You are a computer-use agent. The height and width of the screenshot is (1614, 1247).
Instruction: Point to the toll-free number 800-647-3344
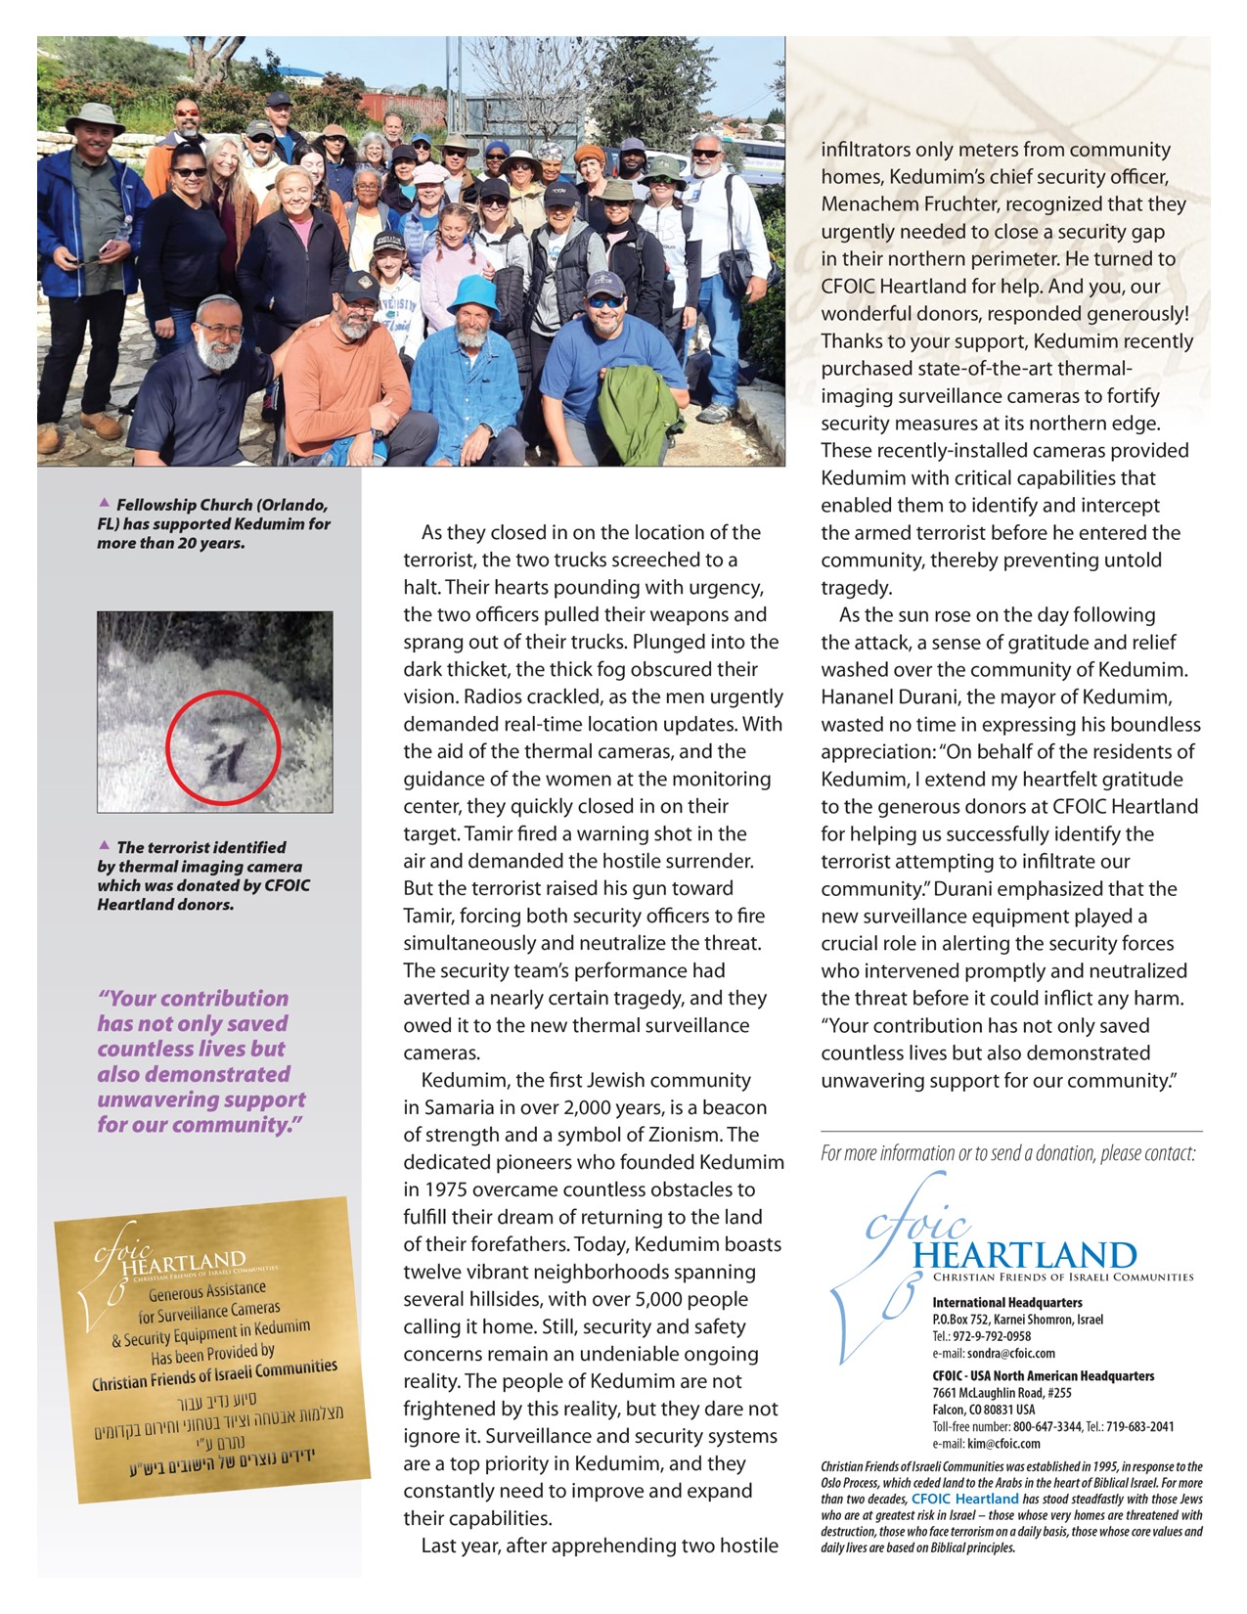click(1047, 1426)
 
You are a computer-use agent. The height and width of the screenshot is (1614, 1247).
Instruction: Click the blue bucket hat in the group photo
click(474, 296)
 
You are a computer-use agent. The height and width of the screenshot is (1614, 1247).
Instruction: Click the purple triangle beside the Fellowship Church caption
click(105, 503)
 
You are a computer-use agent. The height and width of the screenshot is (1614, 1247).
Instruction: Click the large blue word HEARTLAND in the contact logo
click(1025, 1256)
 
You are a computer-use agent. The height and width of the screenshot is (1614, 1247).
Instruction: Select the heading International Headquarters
click(1007, 1303)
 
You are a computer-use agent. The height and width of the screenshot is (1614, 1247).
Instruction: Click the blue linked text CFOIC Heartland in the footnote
click(965, 1499)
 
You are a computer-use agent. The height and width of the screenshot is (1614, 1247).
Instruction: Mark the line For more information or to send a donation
click(1007, 1153)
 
